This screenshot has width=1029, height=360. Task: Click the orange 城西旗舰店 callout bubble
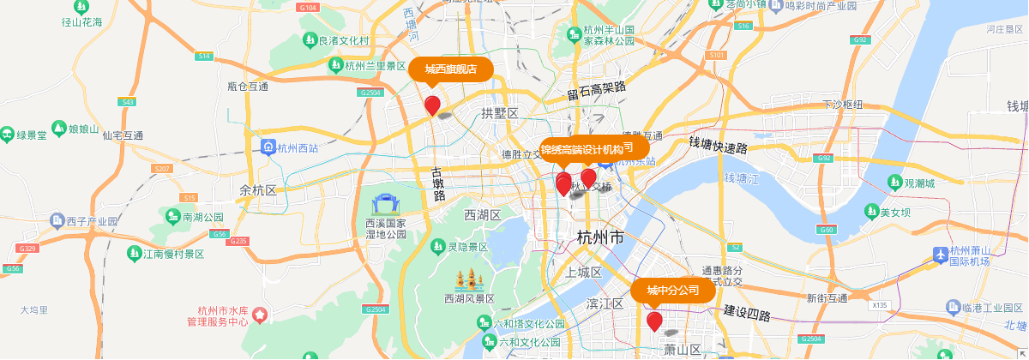[x=450, y=69]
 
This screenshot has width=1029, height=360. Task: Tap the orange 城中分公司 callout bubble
[x=673, y=291]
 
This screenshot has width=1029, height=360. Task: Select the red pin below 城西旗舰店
[x=433, y=105]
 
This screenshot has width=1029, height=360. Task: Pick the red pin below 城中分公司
[x=654, y=321]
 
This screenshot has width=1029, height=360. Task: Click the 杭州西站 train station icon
[x=268, y=147]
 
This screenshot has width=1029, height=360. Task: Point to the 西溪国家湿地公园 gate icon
[x=385, y=205]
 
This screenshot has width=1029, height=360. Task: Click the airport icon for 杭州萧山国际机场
[x=942, y=255]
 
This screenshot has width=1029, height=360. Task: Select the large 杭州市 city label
[x=600, y=237]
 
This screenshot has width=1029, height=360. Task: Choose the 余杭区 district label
[x=257, y=190]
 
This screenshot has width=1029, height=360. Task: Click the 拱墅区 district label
[x=499, y=113]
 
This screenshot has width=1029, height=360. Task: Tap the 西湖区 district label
[x=482, y=214]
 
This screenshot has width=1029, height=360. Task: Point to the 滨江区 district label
[x=605, y=303]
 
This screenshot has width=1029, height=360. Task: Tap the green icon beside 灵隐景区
[x=436, y=247]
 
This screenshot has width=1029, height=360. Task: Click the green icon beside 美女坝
[x=872, y=212]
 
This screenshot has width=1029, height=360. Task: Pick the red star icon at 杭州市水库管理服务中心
[x=259, y=315]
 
